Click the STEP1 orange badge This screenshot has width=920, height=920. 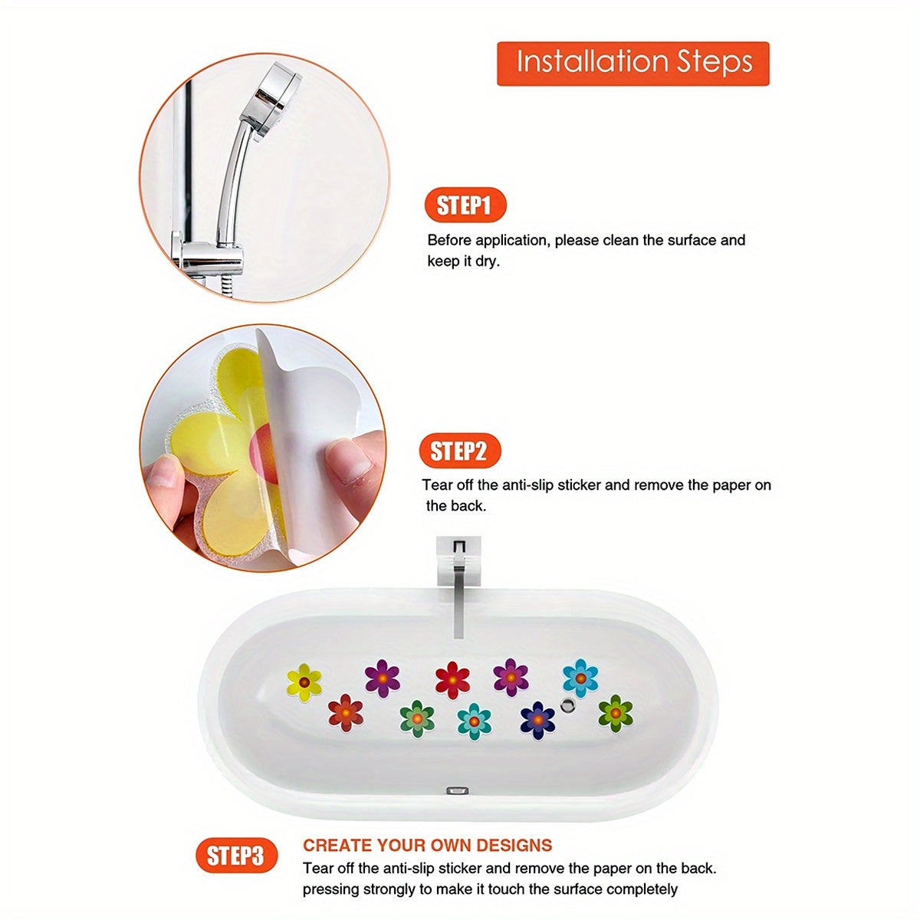coord(465,205)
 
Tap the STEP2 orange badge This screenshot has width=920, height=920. coord(459,451)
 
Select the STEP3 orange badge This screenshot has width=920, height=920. coord(235,856)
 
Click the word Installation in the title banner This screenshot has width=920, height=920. coord(582,62)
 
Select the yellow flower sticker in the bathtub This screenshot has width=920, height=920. coord(304,682)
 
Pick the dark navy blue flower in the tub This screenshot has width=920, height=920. coord(537,720)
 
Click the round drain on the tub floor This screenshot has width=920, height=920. coord(568,705)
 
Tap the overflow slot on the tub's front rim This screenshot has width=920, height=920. coord(458,789)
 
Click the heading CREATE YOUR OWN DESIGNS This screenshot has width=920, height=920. coord(427,846)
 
